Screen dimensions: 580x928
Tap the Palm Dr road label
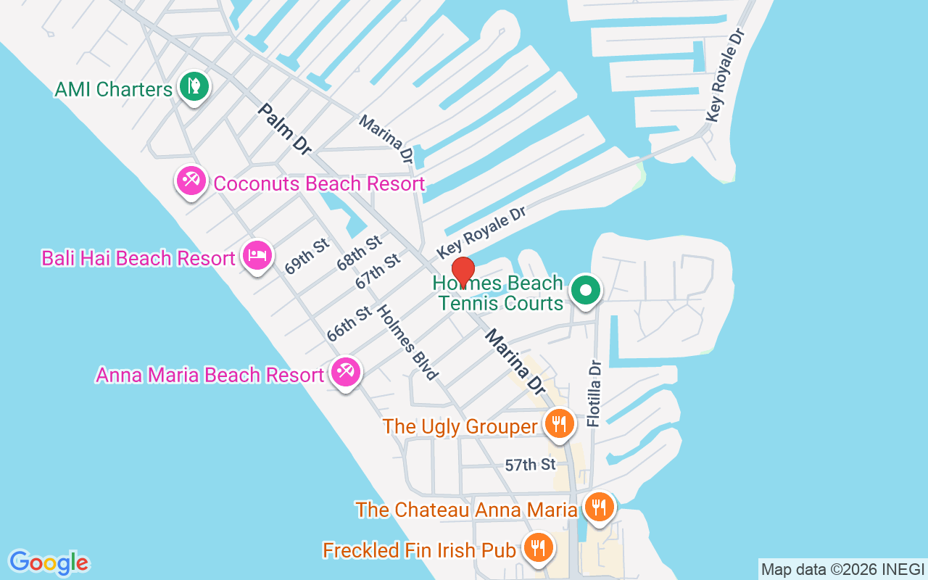[284, 128]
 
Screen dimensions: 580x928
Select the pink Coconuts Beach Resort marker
[191, 180]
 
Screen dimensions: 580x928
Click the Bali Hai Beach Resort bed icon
[257, 255]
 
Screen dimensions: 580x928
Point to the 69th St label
[307, 254]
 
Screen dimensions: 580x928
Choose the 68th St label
[359, 253]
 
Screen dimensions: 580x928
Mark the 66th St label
[349, 324]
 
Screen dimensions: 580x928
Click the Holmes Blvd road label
[407, 342]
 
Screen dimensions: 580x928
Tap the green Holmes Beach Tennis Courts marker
[586, 291]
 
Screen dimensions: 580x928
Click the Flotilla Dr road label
[594, 393]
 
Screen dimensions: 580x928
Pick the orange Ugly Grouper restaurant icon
[558, 423]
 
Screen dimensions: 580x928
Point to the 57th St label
[530, 465]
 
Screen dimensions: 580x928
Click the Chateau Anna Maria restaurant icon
[598, 507]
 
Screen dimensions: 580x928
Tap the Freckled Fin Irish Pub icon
[537, 547]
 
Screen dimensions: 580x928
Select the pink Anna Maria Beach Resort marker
[345, 373]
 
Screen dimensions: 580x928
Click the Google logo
[49, 562]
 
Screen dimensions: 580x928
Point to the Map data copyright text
[842, 569]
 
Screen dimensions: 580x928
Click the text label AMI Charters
[114, 89]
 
